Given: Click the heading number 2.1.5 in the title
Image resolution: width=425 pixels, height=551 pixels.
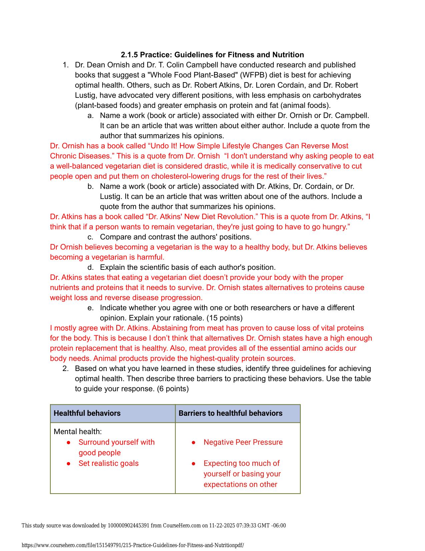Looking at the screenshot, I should [129, 55].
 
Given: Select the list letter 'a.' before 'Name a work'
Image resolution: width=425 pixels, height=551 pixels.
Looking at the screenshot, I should [90, 116].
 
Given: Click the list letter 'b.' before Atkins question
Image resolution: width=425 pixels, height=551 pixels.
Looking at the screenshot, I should [90, 186].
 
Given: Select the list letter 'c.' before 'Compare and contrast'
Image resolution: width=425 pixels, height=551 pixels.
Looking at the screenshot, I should [90, 237].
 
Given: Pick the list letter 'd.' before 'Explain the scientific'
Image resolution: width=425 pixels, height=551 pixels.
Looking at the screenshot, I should [90, 267].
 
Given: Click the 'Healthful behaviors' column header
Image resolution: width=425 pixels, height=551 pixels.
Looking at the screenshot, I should [87, 413].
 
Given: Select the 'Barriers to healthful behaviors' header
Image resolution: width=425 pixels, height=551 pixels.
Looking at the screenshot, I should [230, 413].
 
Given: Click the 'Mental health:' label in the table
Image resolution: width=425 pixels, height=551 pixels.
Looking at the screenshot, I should [78, 432].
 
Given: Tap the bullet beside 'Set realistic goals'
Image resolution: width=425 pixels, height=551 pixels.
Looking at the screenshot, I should [68, 464].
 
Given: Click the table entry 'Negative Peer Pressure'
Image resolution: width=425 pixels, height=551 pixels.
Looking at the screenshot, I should [243, 442].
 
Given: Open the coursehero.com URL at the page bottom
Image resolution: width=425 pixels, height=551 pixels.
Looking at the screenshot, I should [133, 545].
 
